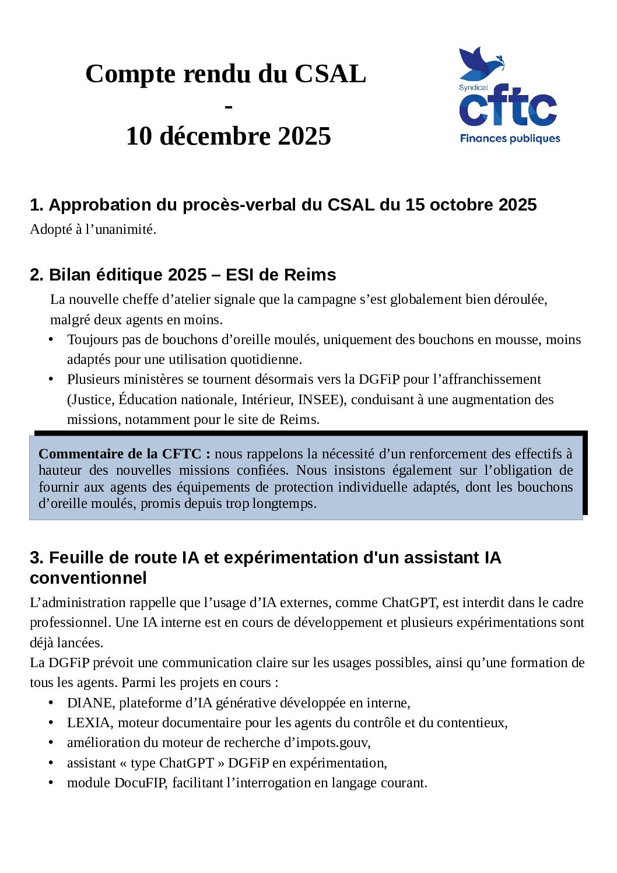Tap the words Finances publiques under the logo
pyautogui.click(x=510, y=139)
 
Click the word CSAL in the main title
pyautogui.click(x=330, y=74)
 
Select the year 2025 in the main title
pyautogui.click(x=304, y=136)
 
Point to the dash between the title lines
pyautogui.click(x=228, y=107)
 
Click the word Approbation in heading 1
pyautogui.click(x=92, y=205)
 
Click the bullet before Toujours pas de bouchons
pyautogui.click(x=51, y=339)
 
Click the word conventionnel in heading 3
pyautogui.click(x=88, y=578)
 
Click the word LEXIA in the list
pyautogui.click(x=89, y=723)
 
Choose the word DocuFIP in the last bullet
pyautogui.click(x=140, y=783)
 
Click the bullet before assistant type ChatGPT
pyautogui.click(x=51, y=763)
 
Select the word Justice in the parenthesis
pyautogui.click(x=91, y=399)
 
